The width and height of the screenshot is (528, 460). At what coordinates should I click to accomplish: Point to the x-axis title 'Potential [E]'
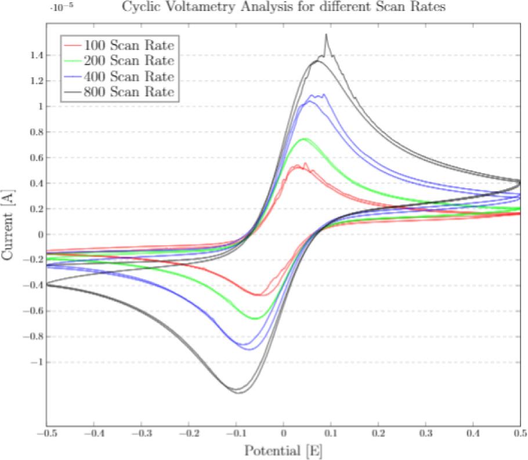[x=283, y=450]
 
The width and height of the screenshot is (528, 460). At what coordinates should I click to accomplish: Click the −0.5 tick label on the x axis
[x=46, y=434]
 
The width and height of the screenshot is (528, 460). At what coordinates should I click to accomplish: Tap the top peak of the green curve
[x=303, y=139]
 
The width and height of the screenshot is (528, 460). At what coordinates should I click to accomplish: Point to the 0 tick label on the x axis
[x=283, y=434]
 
